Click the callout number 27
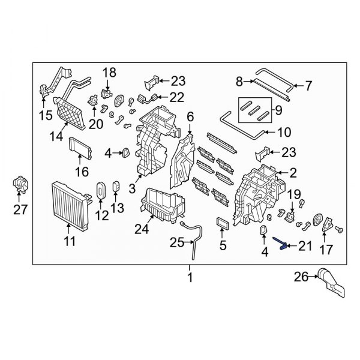coord(20,209)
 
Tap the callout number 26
coord(301,277)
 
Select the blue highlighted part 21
coord(280,245)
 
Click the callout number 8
coord(239,80)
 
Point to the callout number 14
coord(56,137)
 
